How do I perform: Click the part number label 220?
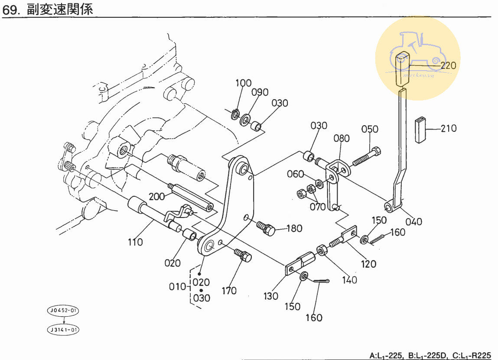tap(448, 66)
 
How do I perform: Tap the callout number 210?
tap(449, 129)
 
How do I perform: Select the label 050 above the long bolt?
tap(369, 129)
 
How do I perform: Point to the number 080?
tap(342, 138)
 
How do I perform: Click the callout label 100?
tap(244, 83)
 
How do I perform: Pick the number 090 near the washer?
tap(260, 92)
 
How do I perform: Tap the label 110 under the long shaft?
tap(135, 242)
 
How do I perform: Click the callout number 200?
tap(157, 197)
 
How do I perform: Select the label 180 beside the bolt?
tap(294, 228)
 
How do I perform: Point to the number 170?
tap(229, 291)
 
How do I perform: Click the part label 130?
tap(271, 296)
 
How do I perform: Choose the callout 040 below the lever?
tap(413, 222)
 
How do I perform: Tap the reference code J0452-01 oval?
tap(63, 310)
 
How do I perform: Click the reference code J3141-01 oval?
tap(63, 330)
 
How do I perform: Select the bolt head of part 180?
tap(270, 230)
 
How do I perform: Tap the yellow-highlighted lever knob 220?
tap(402, 69)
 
